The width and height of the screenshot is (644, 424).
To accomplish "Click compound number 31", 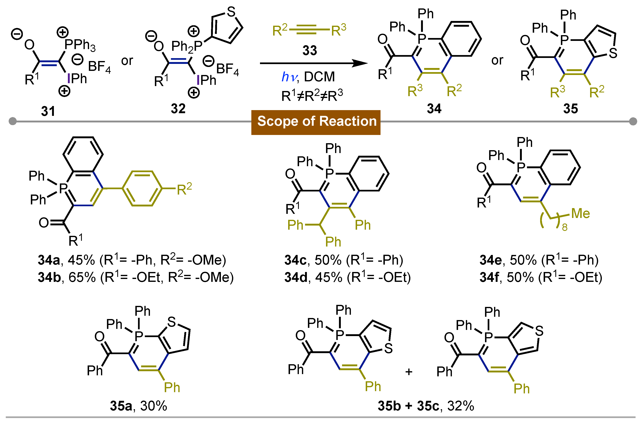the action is click(48, 111).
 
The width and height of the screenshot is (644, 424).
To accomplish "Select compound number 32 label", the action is click(178, 108).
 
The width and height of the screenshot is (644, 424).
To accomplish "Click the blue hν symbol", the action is click(289, 77).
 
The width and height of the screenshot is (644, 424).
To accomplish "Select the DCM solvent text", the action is click(319, 77).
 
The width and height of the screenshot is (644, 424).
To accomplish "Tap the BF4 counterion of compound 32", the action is click(227, 69).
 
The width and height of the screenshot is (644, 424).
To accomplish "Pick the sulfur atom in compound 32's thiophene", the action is click(231, 12).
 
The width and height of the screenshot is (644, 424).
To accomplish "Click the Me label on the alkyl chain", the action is click(580, 214).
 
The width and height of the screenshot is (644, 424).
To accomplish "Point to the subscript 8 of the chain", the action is click(565, 227).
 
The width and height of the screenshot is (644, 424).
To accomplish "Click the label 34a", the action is click(49, 260).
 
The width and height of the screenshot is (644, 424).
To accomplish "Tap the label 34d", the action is click(296, 278).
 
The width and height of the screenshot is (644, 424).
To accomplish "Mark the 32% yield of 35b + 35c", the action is click(461, 406).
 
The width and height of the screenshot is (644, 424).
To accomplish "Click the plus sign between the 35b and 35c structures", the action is click(409, 372).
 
